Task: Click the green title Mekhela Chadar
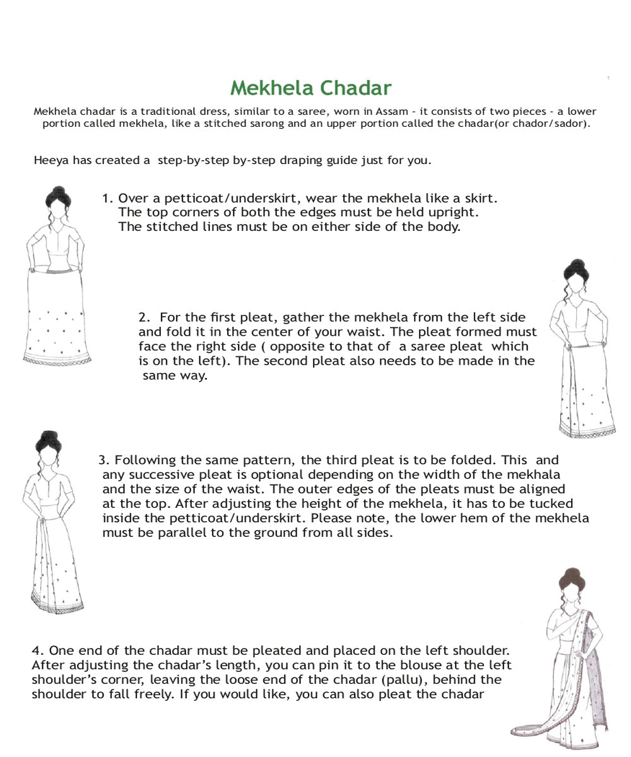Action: [x=311, y=88]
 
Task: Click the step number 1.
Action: [x=107, y=198]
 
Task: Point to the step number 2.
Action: [x=144, y=317]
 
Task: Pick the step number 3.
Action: [x=104, y=460]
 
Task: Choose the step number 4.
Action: [x=38, y=650]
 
